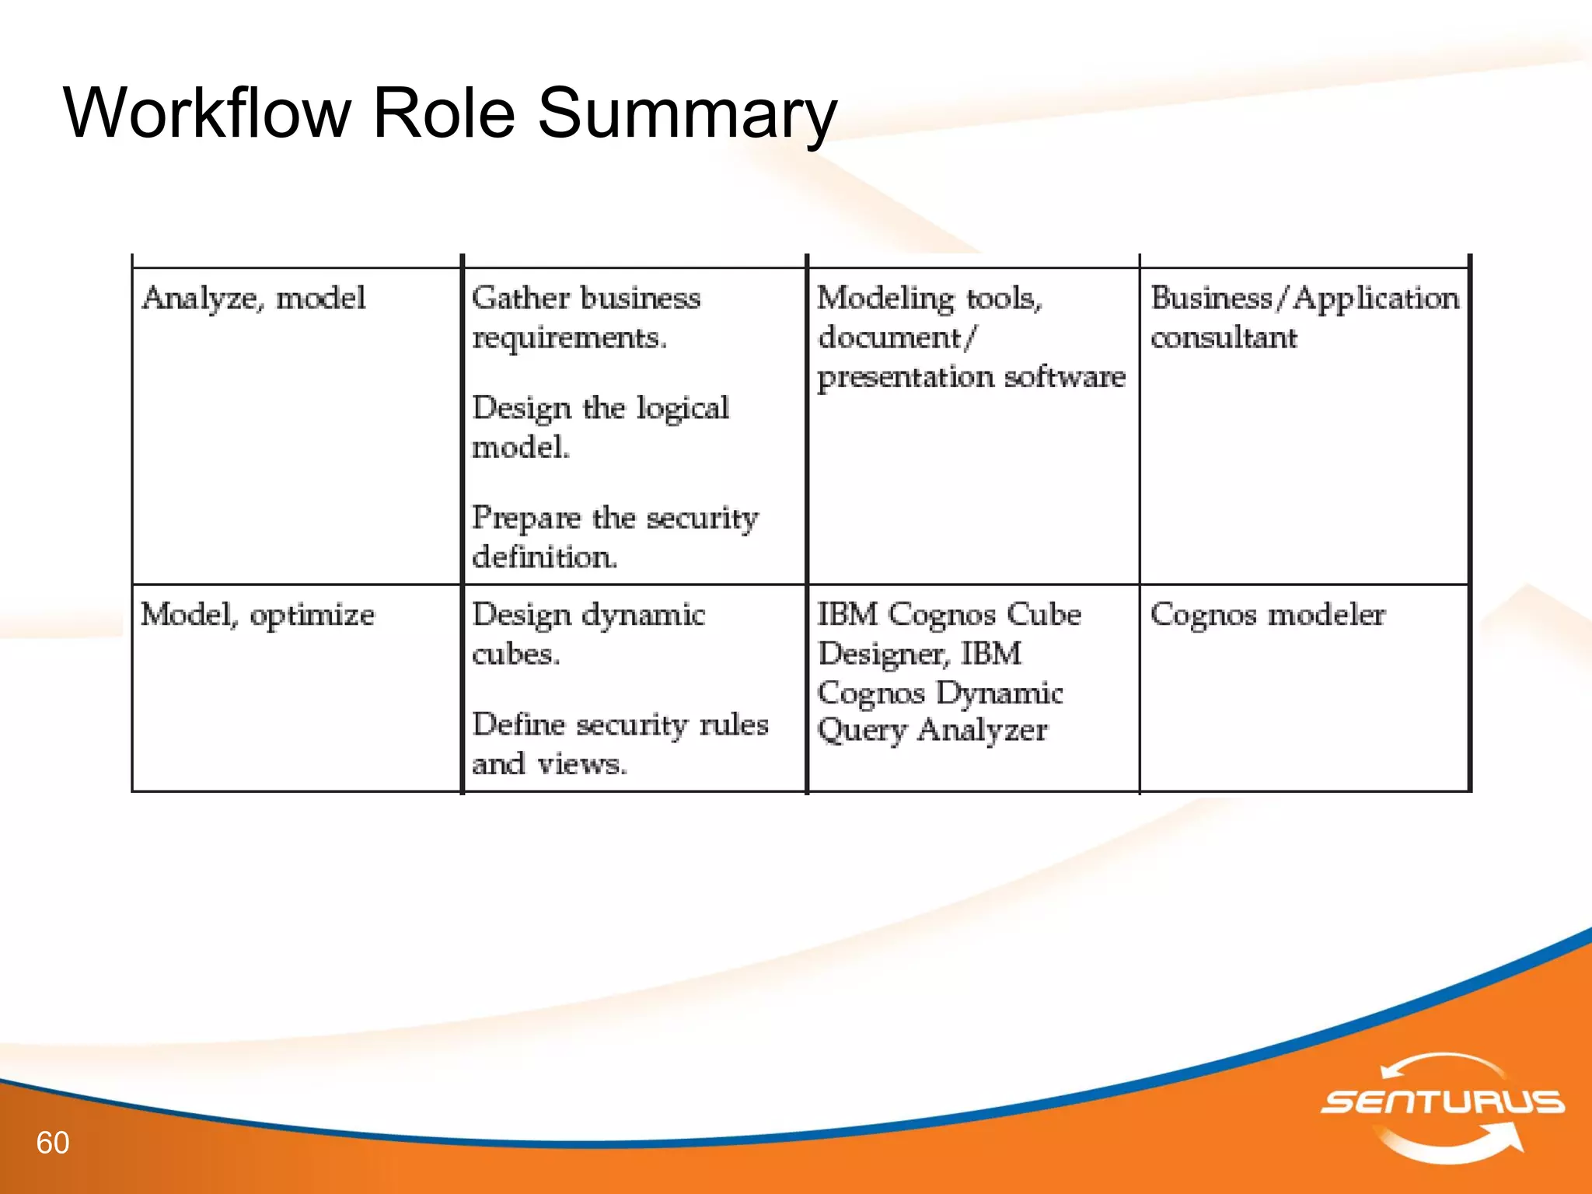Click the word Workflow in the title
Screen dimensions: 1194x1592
tap(207, 113)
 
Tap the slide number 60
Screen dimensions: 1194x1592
tap(53, 1143)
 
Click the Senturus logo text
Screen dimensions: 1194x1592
tap(1443, 1101)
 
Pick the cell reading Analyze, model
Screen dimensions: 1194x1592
tap(253, 298)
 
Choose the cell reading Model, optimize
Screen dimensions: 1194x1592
tap(257, 615)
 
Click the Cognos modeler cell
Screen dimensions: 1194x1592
tap(1267, 615)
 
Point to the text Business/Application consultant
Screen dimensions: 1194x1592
tap(1304, 317)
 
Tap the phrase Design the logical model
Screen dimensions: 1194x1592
tap(599, 427)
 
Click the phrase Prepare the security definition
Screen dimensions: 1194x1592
tap(614, 536)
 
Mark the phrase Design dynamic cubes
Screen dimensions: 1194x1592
tap(588, 634)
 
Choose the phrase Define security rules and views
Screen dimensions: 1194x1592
tap(620, 743)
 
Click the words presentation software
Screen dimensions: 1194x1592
tap(971, 377)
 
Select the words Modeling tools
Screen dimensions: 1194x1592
tap(929, 298)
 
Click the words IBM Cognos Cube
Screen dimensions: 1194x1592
tap(948, 615)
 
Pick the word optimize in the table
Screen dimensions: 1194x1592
tap(312, 615)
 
